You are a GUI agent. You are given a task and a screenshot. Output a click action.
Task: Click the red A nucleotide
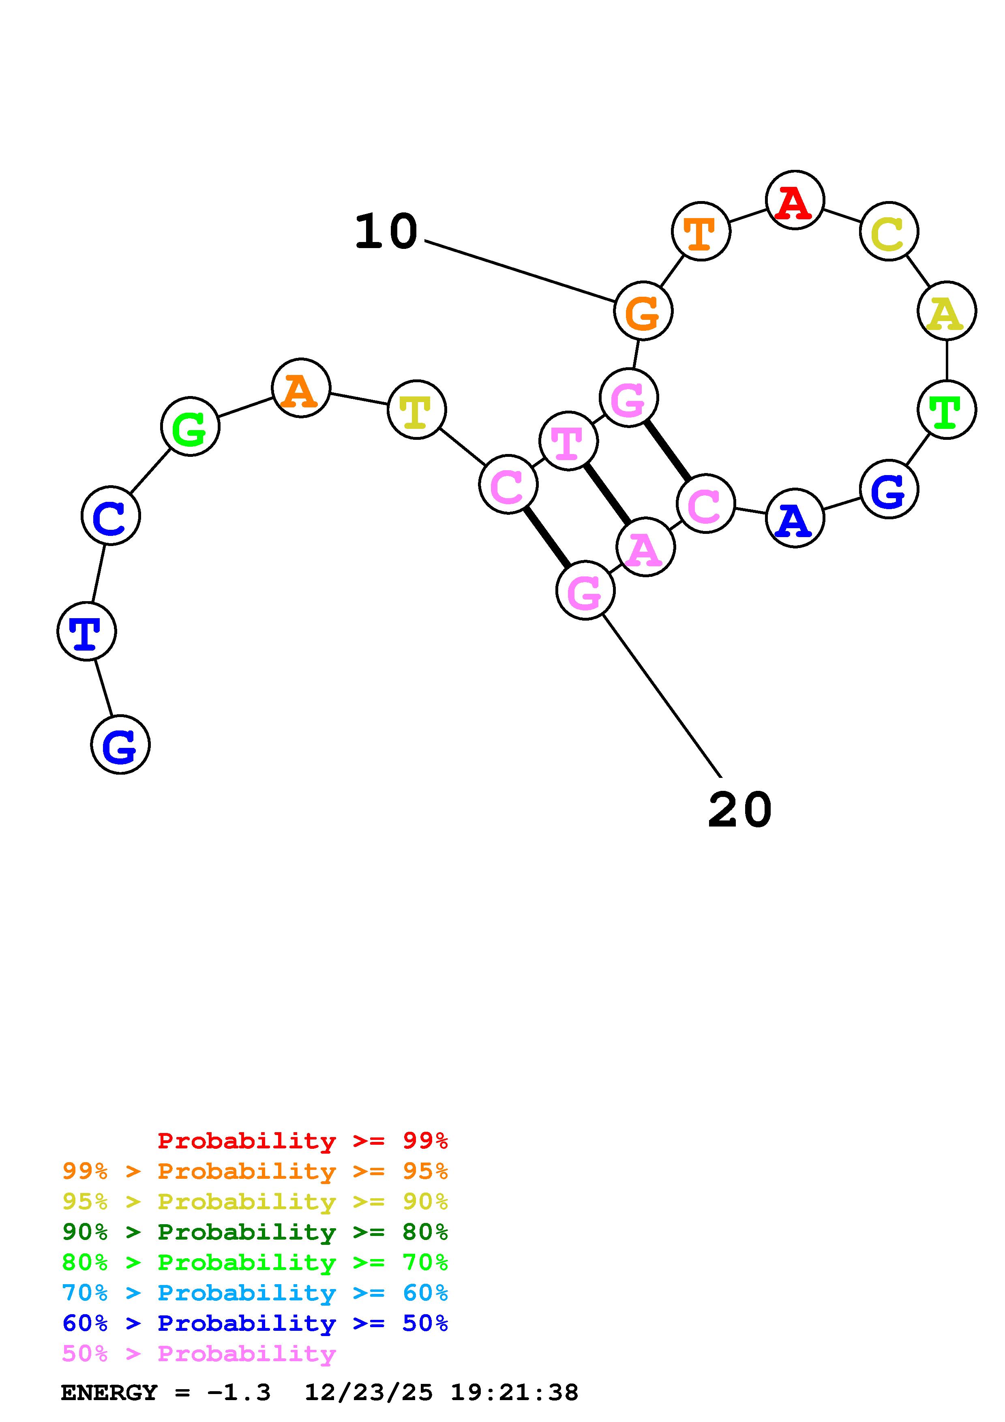(795, 200)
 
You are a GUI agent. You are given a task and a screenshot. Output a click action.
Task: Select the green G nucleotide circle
(190, 427)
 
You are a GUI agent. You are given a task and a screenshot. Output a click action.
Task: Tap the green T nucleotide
(946, 409)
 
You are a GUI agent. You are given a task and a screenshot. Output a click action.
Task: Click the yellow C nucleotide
(889, 231)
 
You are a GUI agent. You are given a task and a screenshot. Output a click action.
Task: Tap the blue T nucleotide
(87, 631)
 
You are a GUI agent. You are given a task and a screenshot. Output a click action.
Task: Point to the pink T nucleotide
(568, 441)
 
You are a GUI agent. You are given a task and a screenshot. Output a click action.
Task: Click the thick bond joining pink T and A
(607, 494)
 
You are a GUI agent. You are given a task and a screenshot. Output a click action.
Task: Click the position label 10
(386, 231)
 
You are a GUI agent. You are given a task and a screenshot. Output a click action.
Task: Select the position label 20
(740, 810)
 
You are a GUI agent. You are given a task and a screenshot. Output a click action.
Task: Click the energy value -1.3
(239, 1392)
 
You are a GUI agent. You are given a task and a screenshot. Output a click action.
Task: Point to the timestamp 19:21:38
(514, 1392)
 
